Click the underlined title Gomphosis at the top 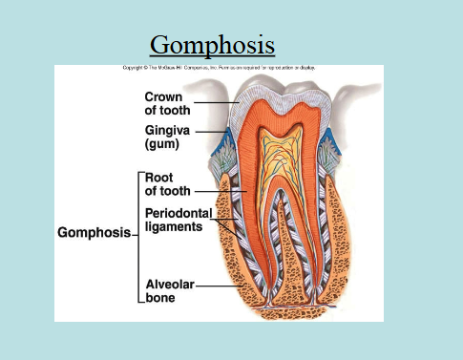point(212,44)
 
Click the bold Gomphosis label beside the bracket point(94,232)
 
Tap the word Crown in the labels point(165,96)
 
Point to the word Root point(160,177)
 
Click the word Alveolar point(170,284)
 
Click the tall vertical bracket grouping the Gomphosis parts point(139,232)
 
